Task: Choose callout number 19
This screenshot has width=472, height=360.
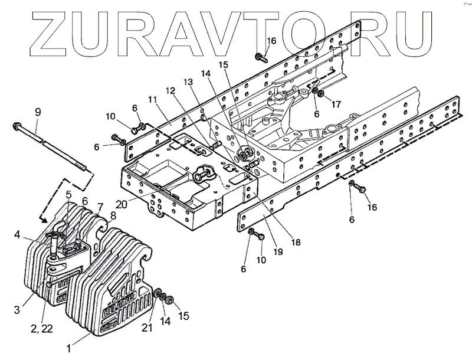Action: [x=277, y=251]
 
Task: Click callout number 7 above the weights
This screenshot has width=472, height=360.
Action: [x=100, y=207]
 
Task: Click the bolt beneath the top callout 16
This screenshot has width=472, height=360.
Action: [x=261, y=57]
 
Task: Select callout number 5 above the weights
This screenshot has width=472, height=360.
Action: [x=68, y=194]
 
